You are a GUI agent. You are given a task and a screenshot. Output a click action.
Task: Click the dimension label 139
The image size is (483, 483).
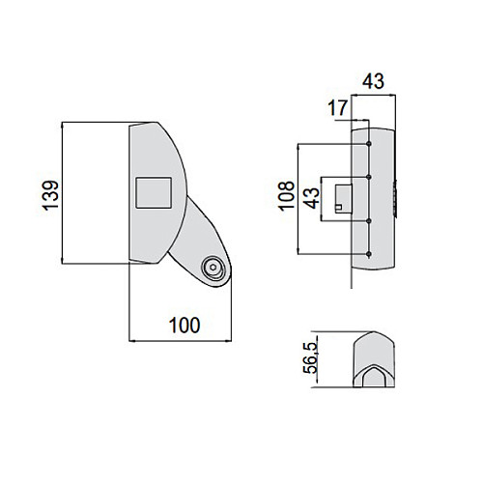[50, 195]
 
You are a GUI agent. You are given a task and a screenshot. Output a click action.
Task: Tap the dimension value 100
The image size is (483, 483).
[185, 326]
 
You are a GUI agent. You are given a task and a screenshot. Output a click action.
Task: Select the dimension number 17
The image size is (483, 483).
[338, 108]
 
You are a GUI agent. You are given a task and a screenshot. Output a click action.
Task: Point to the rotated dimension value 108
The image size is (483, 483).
[286, 196]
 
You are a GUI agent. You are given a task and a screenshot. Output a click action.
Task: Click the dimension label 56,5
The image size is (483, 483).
[310, 358]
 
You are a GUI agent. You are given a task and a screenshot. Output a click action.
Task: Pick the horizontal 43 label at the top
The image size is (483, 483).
[373, 81]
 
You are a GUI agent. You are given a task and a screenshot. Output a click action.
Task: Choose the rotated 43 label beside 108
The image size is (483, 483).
[311, 198]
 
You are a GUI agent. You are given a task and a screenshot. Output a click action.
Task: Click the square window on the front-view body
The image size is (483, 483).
[154, 193]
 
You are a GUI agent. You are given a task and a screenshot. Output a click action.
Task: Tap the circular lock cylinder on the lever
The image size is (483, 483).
[213, 268]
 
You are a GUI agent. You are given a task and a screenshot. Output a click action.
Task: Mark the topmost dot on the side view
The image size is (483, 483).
[369, 143]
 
